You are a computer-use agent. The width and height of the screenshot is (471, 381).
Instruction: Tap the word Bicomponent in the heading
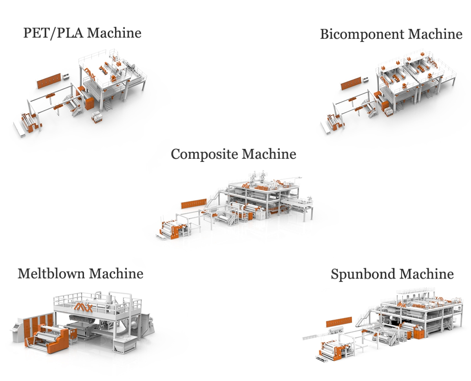click(361, 34)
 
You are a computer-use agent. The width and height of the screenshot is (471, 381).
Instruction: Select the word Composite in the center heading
click(204, 154)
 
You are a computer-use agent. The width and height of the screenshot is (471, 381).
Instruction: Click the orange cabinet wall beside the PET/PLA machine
click(49, 80)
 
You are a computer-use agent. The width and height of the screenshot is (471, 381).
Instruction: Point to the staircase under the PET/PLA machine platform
click(107, 104)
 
